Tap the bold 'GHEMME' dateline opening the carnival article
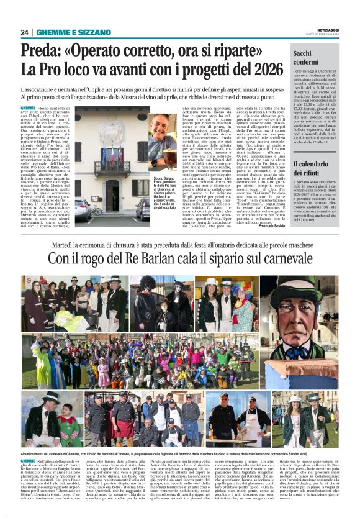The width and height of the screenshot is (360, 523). pos(29,462)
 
